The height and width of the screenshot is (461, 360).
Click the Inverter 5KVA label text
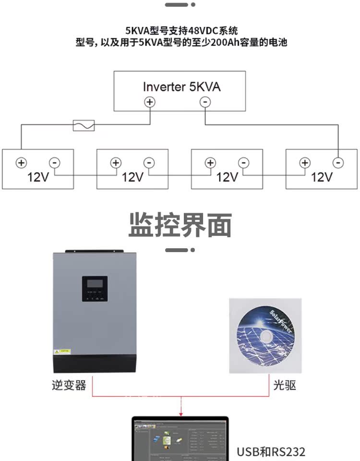(181, 87)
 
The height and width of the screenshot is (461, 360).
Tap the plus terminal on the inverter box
(150, 102)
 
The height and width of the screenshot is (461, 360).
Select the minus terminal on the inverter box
(205, 102)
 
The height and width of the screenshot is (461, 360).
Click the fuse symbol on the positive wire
(84, 125)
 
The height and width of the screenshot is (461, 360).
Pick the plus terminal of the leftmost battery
(21, 162)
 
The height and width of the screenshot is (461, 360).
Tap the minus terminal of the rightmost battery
(338, 162)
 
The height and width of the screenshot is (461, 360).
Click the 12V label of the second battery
(132, 177)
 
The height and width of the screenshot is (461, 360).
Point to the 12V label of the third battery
(227, 177)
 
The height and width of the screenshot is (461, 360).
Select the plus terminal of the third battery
(210, 162)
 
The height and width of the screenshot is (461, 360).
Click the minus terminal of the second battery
(149, 162)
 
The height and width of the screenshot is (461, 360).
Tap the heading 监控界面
(180, 225)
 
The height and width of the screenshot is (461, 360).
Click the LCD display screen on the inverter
(94, 284)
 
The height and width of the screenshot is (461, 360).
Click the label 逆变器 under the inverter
(69, 385)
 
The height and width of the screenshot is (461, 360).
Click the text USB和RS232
(271, 452)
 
